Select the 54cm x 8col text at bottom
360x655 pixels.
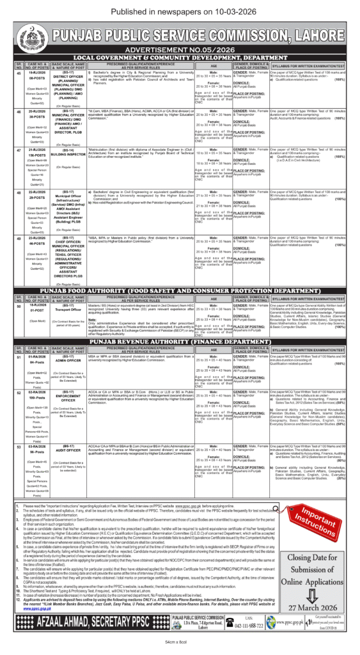tap(180, 642)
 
